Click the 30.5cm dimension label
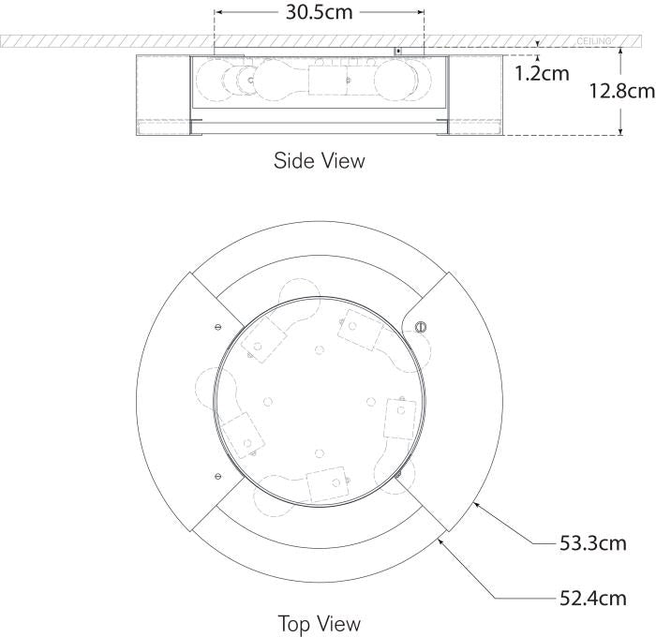[x=319, y=12]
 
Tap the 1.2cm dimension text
[x=541, y=72]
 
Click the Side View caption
[x=319, y=160]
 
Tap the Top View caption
[x=319, y=623]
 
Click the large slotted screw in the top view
[x=419, y=327]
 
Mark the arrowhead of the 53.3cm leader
[x=476, y=504]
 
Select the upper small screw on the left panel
[x=217, y=327]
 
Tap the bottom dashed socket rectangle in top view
[x=327, y=484]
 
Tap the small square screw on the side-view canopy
[x=397, y=51]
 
